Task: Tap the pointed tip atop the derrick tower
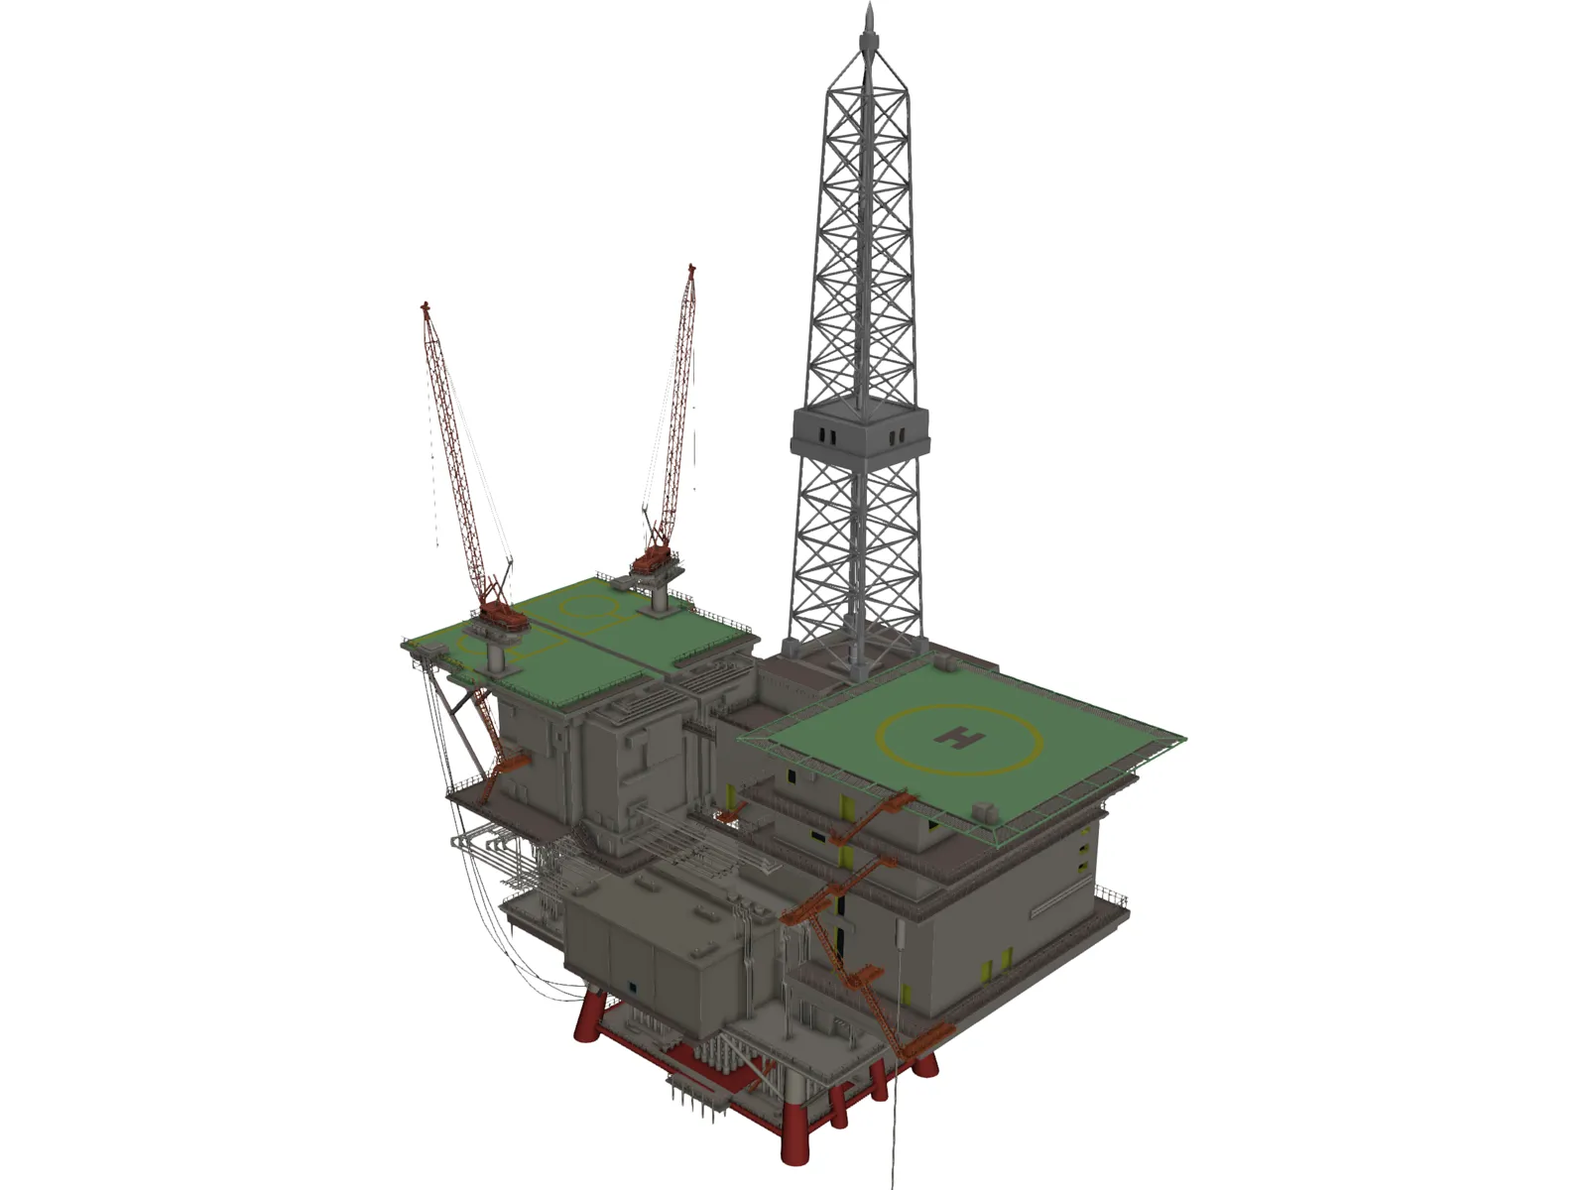pyautogui.click(x=870, y=14)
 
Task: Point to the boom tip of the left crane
pyautogui.click(x=425, y=306)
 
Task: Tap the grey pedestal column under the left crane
pyautogui.click(x=497, y=654)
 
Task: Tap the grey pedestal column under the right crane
pyautogui.click(x=659, y=596)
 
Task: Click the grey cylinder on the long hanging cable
pyautogui.click(x=902, y=931)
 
